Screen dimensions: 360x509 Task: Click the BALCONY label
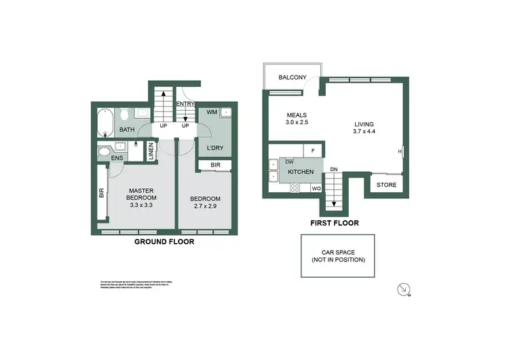pos(293,77)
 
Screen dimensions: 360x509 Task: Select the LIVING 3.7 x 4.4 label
pos(364,128)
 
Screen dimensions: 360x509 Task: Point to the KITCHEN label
pos(301,173)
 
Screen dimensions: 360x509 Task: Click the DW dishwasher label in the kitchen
pos(289,162)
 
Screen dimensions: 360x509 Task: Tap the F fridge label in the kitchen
pos(312,150)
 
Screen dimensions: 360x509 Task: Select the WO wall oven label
pos(316,188)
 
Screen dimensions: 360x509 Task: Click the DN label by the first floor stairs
pos(333,170)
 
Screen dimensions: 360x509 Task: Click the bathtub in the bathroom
pos(105,122)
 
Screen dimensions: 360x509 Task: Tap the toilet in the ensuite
pos(104,152)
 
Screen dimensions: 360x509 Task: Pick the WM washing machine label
pos(212,112)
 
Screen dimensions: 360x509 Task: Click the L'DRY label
pos(215,147)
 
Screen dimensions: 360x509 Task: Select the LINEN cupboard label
pos(151,151)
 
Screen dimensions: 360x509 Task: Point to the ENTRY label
pos(185,104)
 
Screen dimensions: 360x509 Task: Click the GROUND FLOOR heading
pos(164,241)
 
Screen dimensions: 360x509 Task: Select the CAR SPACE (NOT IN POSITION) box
pos(338,256)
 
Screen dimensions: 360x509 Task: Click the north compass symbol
pos(403,289)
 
